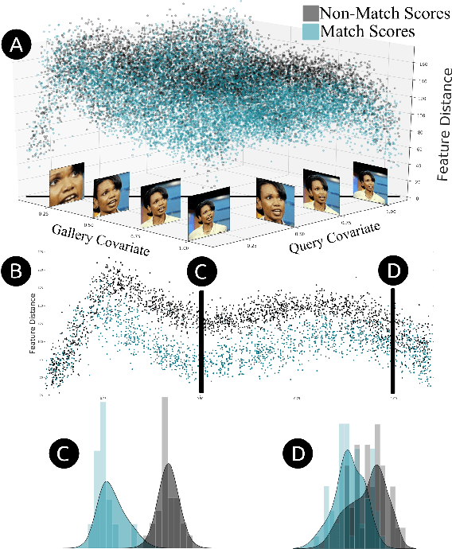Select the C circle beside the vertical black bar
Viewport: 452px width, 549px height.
coord(203,271)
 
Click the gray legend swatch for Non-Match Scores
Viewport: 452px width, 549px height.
coord(310,14)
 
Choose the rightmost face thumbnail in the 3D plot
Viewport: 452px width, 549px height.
coord(368,181)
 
